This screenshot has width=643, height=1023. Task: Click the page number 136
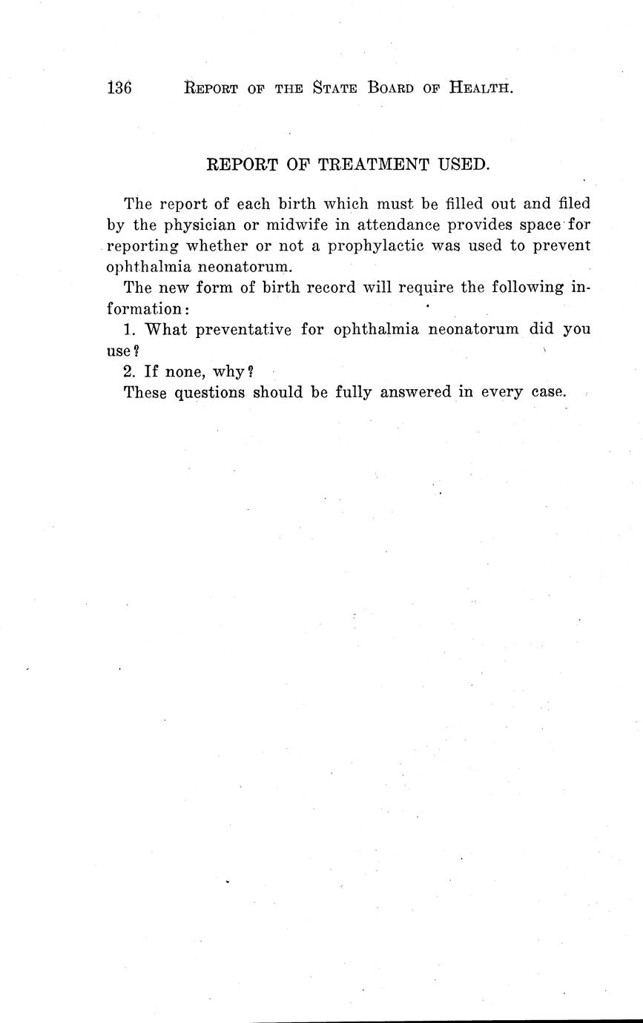(x=119, y=88)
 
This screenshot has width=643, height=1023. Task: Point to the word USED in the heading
(x=463, y=165)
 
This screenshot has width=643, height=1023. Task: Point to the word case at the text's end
(x=548, y=392)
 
